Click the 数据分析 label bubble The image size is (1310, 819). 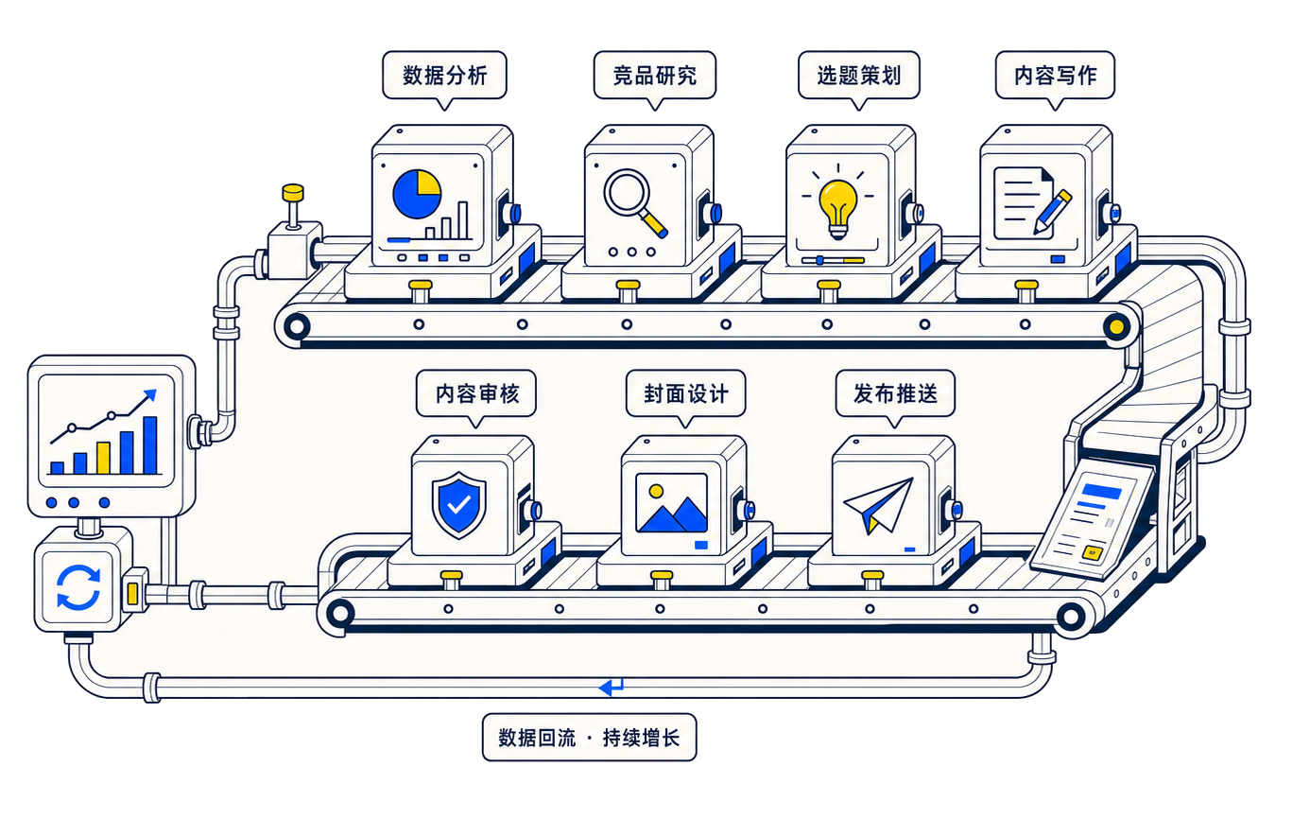coord(444,76)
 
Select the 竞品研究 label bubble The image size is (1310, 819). coord(654,76)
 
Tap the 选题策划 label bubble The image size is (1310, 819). coord(858,76)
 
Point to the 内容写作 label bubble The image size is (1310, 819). coord(1055,76)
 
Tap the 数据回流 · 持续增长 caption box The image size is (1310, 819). coord(589,737)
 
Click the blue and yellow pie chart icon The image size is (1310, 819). coord(417,194)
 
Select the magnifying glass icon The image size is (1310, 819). coord(634,201)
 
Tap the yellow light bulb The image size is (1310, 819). coord(838,208)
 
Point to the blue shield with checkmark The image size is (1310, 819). coord(458,505)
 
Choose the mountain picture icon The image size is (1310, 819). coord(671,503)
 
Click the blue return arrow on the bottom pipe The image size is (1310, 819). coord(612,687)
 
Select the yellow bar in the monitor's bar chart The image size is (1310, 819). coord(104,458)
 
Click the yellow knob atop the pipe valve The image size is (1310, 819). coord(292,193)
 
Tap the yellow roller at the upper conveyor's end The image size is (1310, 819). coord(1116,326)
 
